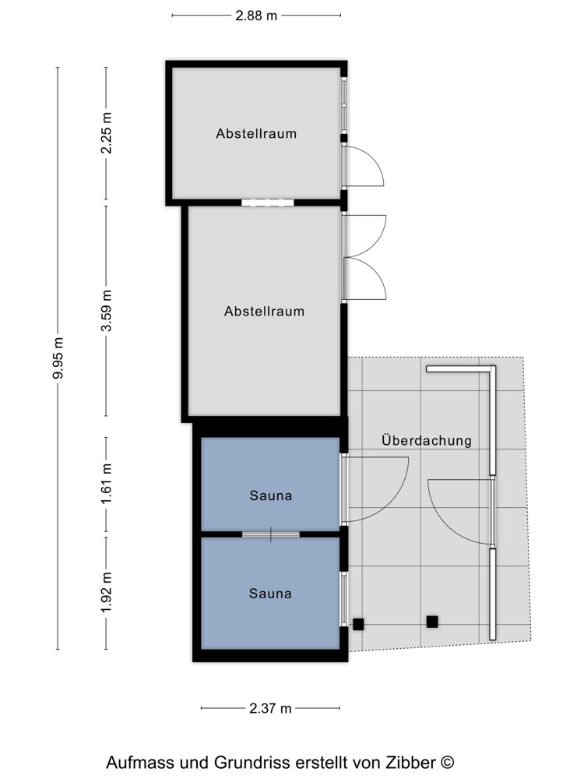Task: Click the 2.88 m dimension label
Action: [x=256, y=16]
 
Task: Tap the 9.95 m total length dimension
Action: [x=58, y=358]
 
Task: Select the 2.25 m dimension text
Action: [x=106, y=132]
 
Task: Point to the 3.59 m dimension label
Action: [x=106, y=311]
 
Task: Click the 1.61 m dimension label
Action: [x=106, y=484]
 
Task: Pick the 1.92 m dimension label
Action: [x=106, y=593]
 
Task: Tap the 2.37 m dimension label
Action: [x=270, y=708]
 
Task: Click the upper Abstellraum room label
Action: [x=256, y=133]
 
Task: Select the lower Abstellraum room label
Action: [x=264, y=311]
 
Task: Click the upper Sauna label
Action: [x=271, y=495]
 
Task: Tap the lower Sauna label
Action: [x=270, y=593]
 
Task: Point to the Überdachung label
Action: [x=427, y=440]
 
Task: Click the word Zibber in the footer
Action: [x=413, y=762]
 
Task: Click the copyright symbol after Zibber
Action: [x=447, y=762]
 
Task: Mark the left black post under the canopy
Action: [x=358, y=624]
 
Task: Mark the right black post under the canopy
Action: [x=432, y=622]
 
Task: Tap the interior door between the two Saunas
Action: [x=271, y=534]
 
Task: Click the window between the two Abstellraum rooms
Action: [x=268, y=203]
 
